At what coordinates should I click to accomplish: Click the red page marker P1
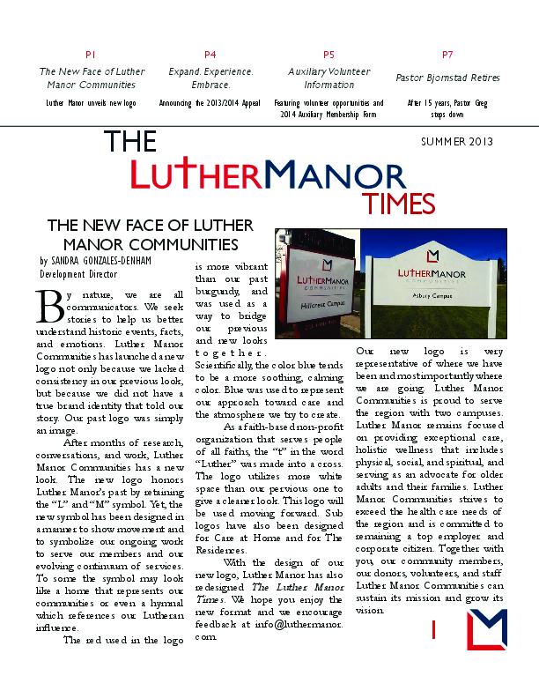pos(92,55)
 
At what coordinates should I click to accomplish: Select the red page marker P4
pos(210,55)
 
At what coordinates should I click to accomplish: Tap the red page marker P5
pos(329,55)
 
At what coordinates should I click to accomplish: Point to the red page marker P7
pos(447,55)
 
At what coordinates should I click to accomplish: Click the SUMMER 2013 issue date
pos(457,142)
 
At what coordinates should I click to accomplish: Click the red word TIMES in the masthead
pos(400,204)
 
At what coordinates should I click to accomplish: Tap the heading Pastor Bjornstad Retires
pos(447,78)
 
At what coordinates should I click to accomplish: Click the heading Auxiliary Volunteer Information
pos(329,78)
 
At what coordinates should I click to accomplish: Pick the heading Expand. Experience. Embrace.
pos(210,78)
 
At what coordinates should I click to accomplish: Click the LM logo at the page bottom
pos(487,629)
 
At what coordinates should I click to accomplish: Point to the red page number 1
pos(434,629)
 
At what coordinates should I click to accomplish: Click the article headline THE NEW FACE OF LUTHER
pos(150,226)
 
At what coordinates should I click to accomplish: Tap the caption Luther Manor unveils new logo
pos(92,103)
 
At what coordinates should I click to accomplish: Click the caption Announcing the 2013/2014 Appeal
pos(210,103)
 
